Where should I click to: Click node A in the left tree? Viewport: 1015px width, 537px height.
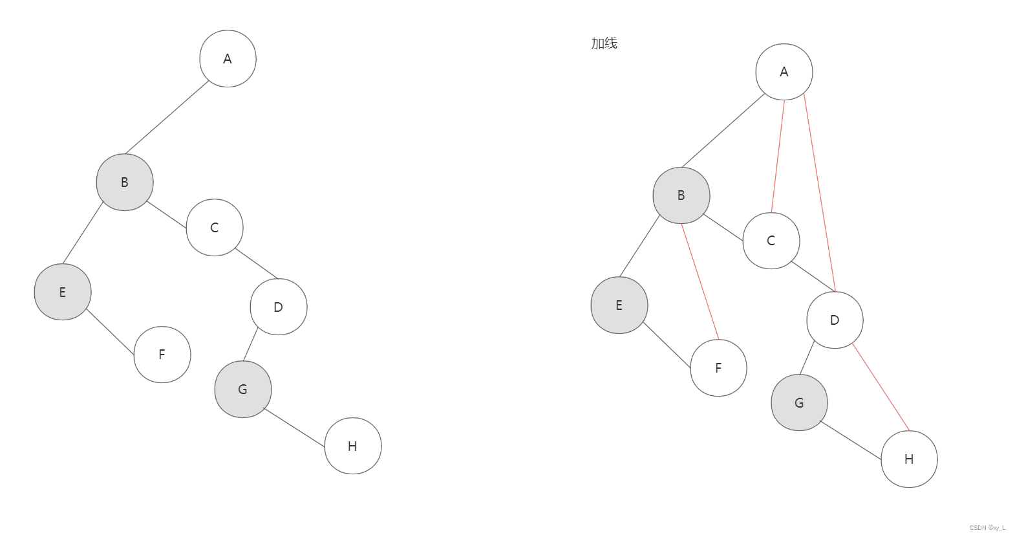click(228, 59)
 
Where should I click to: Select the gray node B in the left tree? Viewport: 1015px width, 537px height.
click(125, 182)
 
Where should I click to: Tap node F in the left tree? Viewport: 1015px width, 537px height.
click(162, 355)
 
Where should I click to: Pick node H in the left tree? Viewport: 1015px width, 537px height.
click(353, 446)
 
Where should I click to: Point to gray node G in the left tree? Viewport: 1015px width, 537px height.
click(243, 389)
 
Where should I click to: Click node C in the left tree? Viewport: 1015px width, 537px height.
click(215, 228)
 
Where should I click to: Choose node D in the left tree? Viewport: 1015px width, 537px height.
click(279, 307)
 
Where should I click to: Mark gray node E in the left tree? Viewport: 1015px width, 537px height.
click(63, 292)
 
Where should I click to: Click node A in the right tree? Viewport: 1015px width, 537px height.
click(784, 72)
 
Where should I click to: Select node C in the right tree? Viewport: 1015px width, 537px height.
click(771, 241)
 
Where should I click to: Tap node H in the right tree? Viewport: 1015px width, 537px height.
click(909, 459)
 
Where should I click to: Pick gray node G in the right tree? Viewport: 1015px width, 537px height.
click(800, 402)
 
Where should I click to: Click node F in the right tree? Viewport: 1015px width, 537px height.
click(718, 368)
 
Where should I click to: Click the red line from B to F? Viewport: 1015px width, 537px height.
click(700, 282)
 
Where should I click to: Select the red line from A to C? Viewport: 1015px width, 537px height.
click(778, 157)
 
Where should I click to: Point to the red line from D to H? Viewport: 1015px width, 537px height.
click(881, 387)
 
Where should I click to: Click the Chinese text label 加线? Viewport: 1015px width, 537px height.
click(604, 43)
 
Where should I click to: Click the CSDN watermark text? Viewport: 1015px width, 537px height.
click(987, 528)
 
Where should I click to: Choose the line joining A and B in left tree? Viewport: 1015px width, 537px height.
click(167, 118)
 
